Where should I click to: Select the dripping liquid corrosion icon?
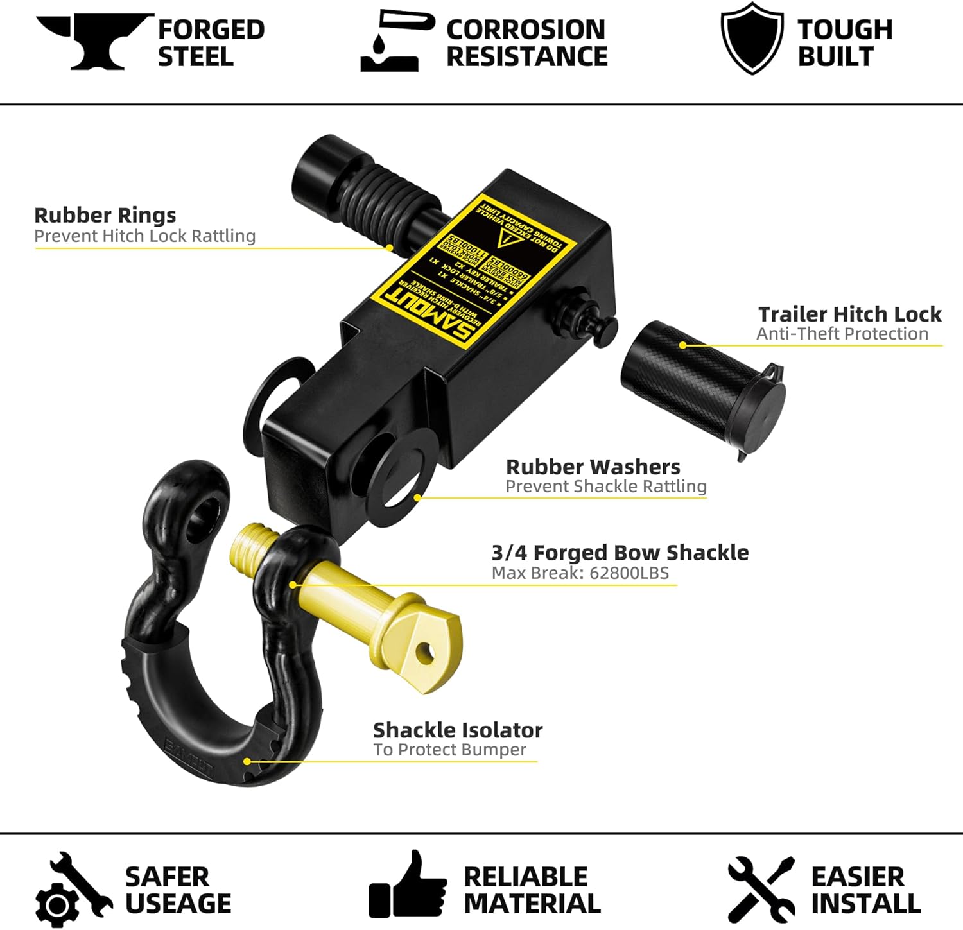coord(390,42)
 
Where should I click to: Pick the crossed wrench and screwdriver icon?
coord(761,889)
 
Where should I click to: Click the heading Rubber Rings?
coord(105,215)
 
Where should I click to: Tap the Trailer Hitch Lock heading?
coord(849,314)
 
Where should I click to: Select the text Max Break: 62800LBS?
coord(580,573)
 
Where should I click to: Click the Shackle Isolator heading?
coord(458,730)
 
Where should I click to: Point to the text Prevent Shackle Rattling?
coord(606,486)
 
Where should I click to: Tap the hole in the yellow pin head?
coord(424,654)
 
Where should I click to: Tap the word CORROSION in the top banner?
coord(526,30)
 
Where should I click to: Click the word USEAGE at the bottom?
coord(178,903)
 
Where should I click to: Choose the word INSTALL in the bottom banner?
coord(866,903)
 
